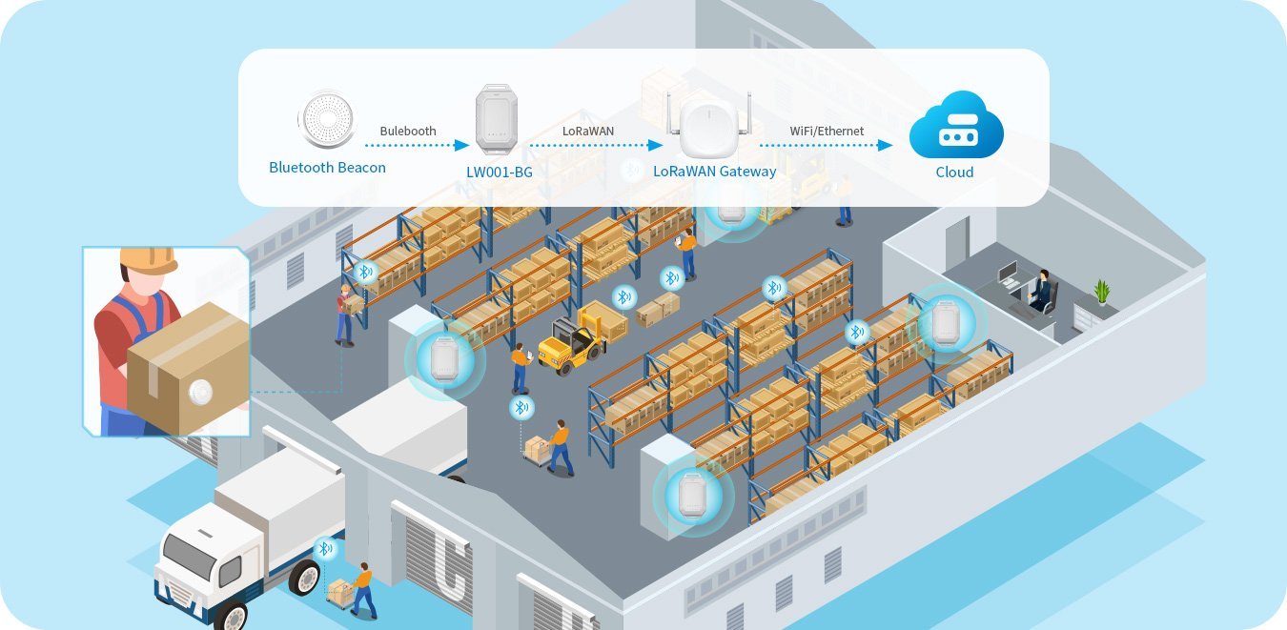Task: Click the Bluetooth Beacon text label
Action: (x=327, y=168)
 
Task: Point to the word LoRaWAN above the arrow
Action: (x=588, y=131)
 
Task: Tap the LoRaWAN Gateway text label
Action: (x=714, y=172)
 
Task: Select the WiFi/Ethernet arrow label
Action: (x=827, y=131)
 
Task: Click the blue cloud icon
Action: (x=955, y=126)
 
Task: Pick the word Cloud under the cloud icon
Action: (x=954, y=173)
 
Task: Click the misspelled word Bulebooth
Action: (x=408, y=131)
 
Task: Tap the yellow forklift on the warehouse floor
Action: (x=570, y=344)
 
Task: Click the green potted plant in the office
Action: (x=1103, y=291)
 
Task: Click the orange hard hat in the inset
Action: (x=149, y=259)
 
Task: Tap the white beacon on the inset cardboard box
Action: (x=201, y=392)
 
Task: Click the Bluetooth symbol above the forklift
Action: (x=623, y=297)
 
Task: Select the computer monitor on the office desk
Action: (x=1008, y=275)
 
